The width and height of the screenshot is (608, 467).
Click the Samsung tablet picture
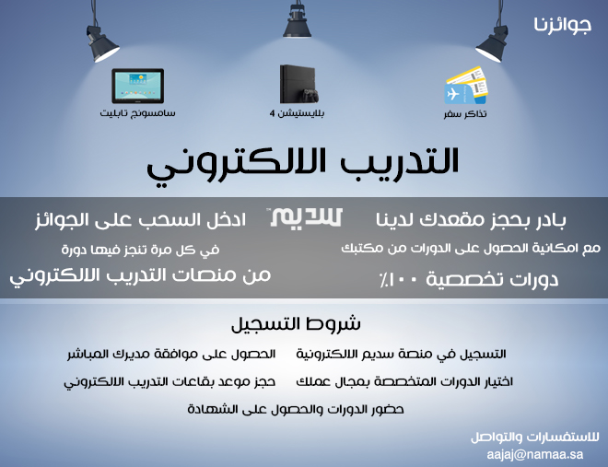click(137, 86)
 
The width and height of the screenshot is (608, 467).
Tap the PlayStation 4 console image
click(299, 84)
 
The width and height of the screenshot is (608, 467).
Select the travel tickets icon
click(466, 86)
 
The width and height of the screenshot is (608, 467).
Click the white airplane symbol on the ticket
click(452, 94)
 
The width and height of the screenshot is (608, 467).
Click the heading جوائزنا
click(562, 25)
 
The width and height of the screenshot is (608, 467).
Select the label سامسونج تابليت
click(137, 113)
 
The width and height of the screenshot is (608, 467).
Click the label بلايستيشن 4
click(297, 113)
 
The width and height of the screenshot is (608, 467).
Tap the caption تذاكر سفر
click(465, 114)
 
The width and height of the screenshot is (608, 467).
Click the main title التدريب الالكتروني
click(303, 164)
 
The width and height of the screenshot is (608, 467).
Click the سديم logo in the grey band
click(307, 217)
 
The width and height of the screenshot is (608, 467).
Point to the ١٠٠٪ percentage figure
click(399, 280)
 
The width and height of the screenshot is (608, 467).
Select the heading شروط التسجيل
click(296, 324)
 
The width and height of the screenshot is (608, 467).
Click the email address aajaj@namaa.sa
click(535, 454)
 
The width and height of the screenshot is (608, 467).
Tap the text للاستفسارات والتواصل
click(535, 438)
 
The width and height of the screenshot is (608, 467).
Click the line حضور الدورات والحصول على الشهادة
click(296, 409)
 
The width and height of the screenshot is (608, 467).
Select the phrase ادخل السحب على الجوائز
click(140, 220)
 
